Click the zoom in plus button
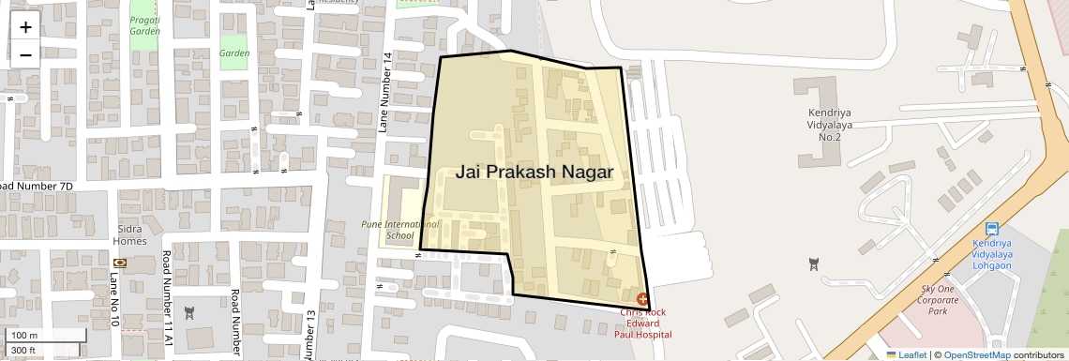click(25, 27)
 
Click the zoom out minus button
click(25, 54)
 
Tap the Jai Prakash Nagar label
click(534, 173)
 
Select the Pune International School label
click(400, 231)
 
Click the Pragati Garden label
click(144, 24)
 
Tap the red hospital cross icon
click(642, 298)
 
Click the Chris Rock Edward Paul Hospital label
click(643, 323)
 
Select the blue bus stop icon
click(992, 229)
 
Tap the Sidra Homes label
click(131, 234)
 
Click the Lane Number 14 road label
click(384, 92)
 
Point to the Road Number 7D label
click(38, 187)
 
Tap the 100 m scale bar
click(47, 335)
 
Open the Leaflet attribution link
click(907, 354)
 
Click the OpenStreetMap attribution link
click(976, 354)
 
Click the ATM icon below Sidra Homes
click(119, 263)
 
